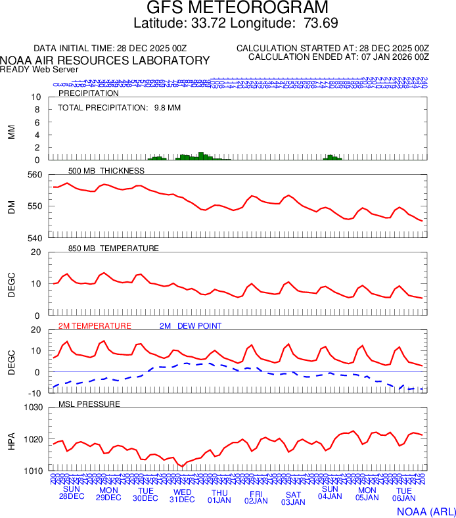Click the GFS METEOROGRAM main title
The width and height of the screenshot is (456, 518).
point(237,9)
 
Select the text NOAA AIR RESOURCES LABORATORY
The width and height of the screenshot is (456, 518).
point(105,60)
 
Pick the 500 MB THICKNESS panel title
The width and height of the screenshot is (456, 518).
point(106,171)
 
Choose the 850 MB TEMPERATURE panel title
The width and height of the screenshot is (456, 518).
point(113,248)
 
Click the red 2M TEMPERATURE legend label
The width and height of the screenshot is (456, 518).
point(95,326)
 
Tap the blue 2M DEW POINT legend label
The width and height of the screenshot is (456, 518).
point(191,326)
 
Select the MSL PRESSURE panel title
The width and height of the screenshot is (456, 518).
point(89,404)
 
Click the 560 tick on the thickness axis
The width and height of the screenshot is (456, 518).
point(34,175)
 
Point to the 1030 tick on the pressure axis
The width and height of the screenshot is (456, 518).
point(32,408)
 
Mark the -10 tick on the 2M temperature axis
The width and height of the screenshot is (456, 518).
point(34,393)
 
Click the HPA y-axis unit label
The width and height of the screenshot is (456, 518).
point(11,439)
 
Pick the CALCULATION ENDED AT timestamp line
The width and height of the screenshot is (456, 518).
point(338,57)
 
